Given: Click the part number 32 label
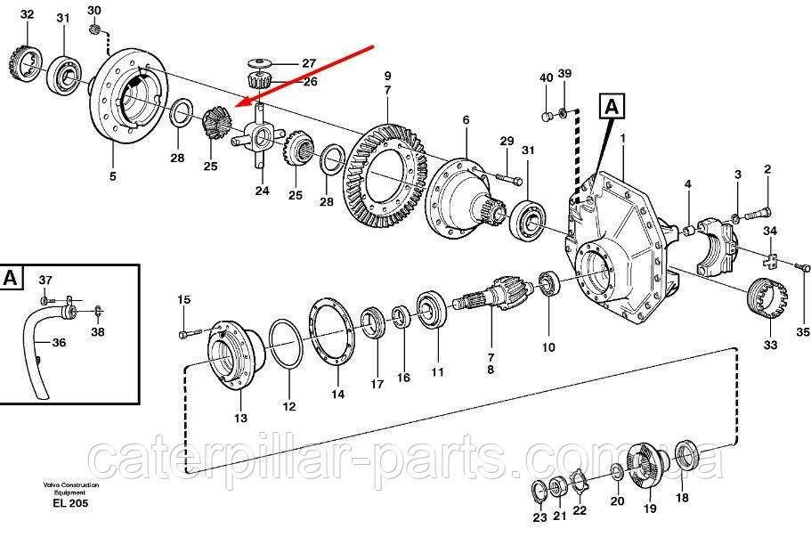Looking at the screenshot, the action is pyautogui.click(x=27, y=14).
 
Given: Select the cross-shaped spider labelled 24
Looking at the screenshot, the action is pyautogui.click(x=258, y=136).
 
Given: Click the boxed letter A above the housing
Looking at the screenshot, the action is pyautogui.click(x=612, y=106).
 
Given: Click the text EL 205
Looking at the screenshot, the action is pyautogui.click(x=70, y=503).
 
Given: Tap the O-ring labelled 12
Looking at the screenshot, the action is pyautogui.click(x=284, y=344).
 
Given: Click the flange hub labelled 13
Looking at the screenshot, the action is pyautogui.click(x=235, y=357).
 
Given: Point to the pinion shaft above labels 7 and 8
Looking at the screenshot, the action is pyautogui.click(x=491, y=294).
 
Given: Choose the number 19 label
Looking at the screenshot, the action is pyautogui.click(x=650, y=509).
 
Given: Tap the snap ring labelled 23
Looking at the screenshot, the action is pyautogui.click(x=538, y=492).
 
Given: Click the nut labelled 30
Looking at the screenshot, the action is pyautogui.click(x=93, y=28).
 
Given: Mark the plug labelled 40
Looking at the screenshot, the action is pyautogui.click(x=547, y=116).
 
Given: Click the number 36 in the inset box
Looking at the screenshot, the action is pyautogui.click(x=59, y=343).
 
